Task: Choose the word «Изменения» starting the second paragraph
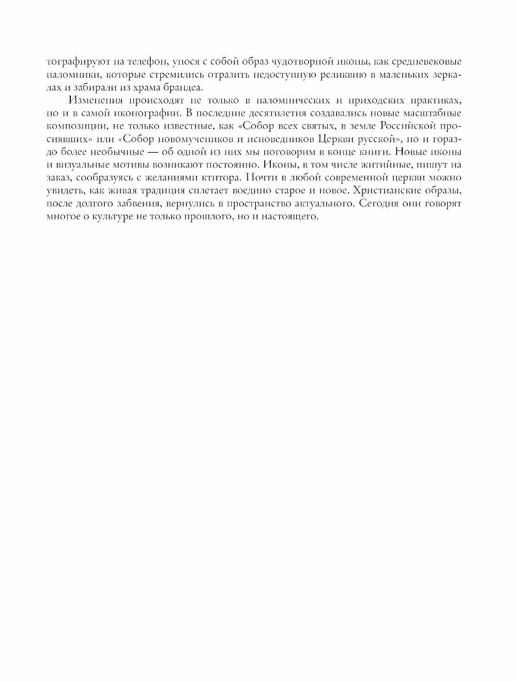pos(99,100)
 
